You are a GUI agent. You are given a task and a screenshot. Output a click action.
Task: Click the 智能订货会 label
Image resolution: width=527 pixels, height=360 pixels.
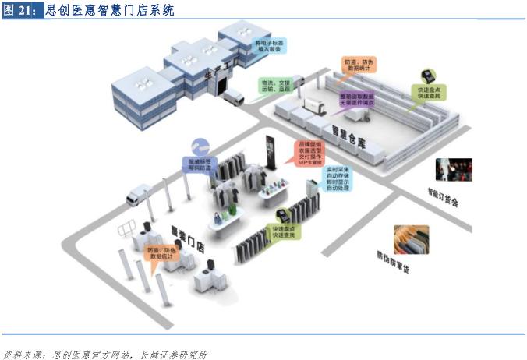[442, 195]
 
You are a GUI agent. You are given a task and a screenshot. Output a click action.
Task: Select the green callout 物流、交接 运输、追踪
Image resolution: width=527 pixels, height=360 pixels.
[274, 85]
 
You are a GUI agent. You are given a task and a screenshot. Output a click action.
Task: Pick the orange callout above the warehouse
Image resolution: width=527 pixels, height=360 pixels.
[359, 65]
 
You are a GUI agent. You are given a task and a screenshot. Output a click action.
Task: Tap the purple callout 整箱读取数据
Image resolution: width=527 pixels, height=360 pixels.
[355, 99]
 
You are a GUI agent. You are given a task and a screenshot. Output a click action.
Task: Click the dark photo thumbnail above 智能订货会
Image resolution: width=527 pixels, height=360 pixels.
[454, 168]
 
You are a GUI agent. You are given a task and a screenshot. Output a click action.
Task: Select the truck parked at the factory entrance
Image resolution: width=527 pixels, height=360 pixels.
[232, 95]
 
